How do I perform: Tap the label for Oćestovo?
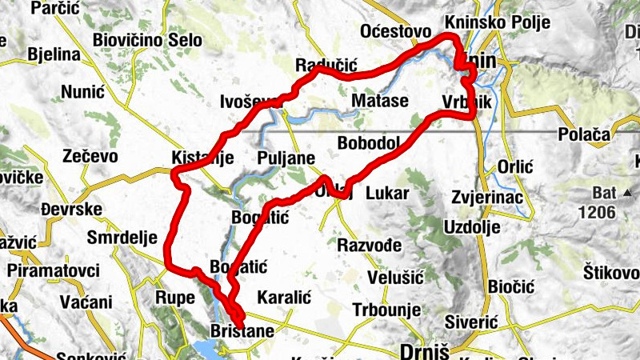coord(398,31)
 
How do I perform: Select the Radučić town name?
coord(324,65)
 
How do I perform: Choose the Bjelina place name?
coord(54,55)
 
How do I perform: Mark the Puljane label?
coord(286,158)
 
